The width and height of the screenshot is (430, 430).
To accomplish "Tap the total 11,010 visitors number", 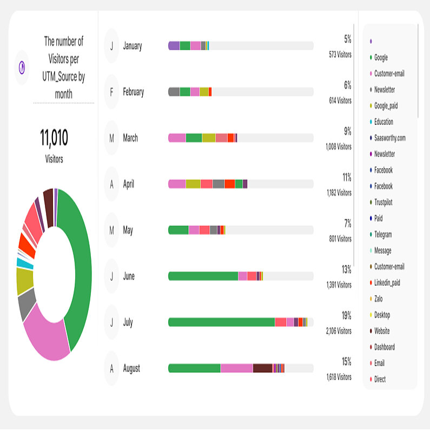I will (54, 138).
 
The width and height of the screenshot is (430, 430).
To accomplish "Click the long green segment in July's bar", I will (222, 322).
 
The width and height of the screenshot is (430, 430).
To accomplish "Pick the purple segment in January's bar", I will (174, 46).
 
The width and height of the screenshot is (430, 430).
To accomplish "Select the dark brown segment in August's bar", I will (262, 368).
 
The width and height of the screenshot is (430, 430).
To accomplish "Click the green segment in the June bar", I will (203, 276).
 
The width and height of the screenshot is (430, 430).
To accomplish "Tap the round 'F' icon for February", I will (111, 92).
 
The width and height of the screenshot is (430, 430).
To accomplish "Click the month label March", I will (130, 138).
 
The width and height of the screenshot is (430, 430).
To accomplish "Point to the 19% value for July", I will (346, 315).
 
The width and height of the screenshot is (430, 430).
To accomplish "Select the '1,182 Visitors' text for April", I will (339, 193).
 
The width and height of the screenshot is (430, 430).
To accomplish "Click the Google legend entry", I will (381, 57).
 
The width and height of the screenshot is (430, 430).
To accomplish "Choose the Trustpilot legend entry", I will (383, 202).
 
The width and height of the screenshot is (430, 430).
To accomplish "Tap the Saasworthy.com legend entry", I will (389, 138).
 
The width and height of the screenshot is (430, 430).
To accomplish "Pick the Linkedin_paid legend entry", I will (387, 283).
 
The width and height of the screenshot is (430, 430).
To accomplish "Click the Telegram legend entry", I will (383, 235).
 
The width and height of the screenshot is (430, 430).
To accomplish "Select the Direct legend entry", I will (380, 380).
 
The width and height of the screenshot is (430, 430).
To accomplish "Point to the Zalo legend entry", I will (378, 299).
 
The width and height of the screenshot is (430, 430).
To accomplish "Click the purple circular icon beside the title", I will (22, 67).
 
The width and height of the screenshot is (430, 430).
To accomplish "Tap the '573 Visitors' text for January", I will (340, 55).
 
